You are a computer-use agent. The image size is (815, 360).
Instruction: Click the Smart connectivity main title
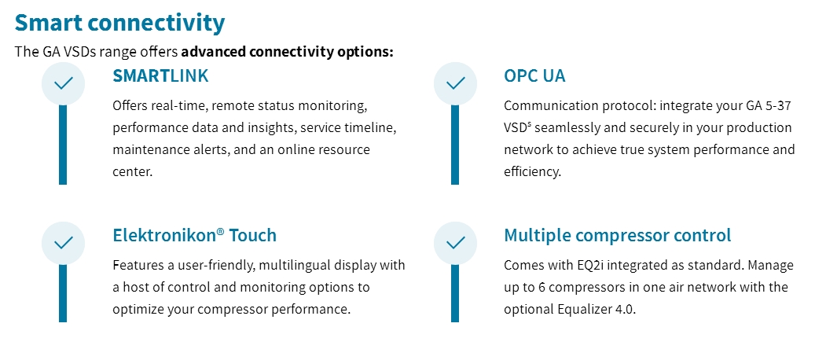pos(119,23)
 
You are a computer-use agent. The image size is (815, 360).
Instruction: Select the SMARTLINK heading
pos(160,75)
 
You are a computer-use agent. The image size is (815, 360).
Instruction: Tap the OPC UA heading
pos(534,75)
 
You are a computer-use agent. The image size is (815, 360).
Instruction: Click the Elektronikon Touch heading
pos(194,235)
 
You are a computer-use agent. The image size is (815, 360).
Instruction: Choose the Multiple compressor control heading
pos(618,235)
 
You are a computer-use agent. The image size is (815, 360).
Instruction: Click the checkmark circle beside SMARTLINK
pos(63,83)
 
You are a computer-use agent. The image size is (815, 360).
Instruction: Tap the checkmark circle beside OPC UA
pos(455,83)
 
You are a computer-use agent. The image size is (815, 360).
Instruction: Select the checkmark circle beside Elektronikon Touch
pos(63,243)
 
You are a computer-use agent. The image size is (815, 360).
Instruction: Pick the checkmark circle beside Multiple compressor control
pos(455,243)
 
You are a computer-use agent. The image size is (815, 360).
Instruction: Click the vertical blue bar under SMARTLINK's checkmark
pos(63,145)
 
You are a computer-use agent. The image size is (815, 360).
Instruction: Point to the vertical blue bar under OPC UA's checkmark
pos(455,145)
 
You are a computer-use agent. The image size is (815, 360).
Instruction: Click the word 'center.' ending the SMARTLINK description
pos(133,172)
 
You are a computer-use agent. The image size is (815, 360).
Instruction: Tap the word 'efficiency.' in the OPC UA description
pos(533,172)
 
